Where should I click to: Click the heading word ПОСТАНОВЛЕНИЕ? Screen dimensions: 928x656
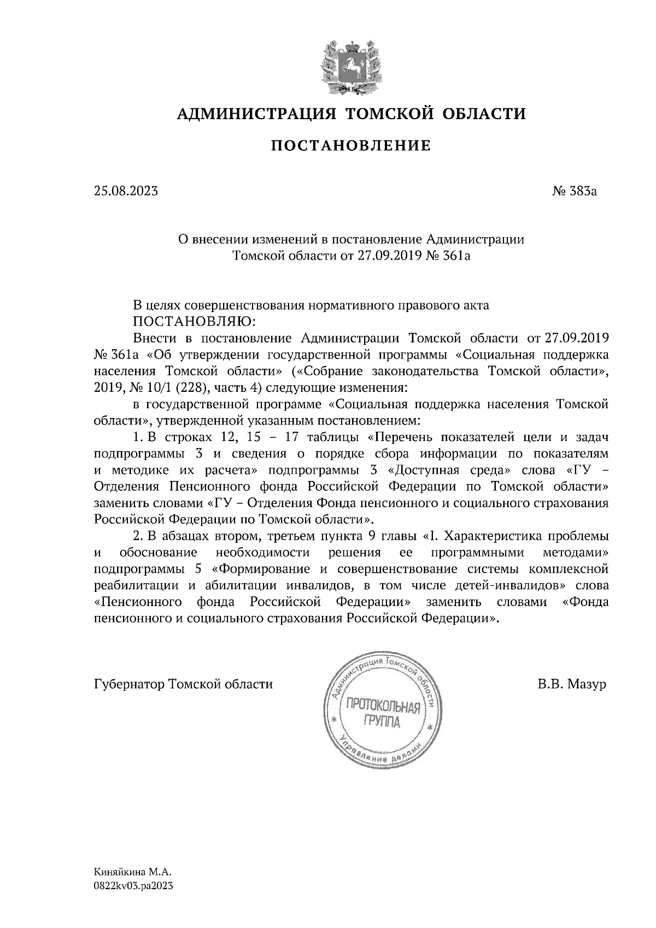(351, 146)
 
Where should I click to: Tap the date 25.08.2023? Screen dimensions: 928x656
(126, 192)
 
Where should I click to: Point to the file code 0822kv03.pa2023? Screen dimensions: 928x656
(133, 888)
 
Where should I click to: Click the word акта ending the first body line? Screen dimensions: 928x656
(475, 305)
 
